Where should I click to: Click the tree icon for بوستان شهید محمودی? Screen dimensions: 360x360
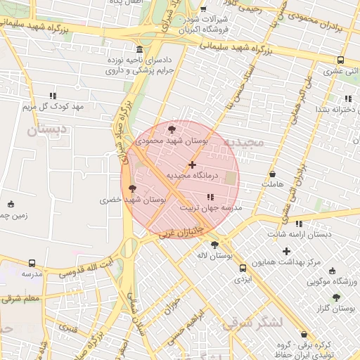[x=172, y=129]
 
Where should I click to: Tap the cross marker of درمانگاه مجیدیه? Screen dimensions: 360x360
[x=192, y=164]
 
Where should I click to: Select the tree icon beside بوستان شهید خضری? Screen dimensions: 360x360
[x=132, y=188]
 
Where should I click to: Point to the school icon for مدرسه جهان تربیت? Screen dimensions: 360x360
[x=210, y=197]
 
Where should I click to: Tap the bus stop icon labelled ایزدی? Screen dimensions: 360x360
[x=243, y=268]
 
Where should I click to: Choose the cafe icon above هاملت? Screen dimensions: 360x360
[x=272, y=173]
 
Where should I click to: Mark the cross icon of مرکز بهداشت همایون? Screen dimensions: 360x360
[x=286, y=251]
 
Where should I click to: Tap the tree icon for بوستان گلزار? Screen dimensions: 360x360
[x=336, y=298]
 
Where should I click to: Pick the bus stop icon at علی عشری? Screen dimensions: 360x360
[x=340, y=60]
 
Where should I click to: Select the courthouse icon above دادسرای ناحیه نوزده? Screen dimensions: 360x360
[x=139, y=50]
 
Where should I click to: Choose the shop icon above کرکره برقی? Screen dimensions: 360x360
[x=304, y=335]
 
